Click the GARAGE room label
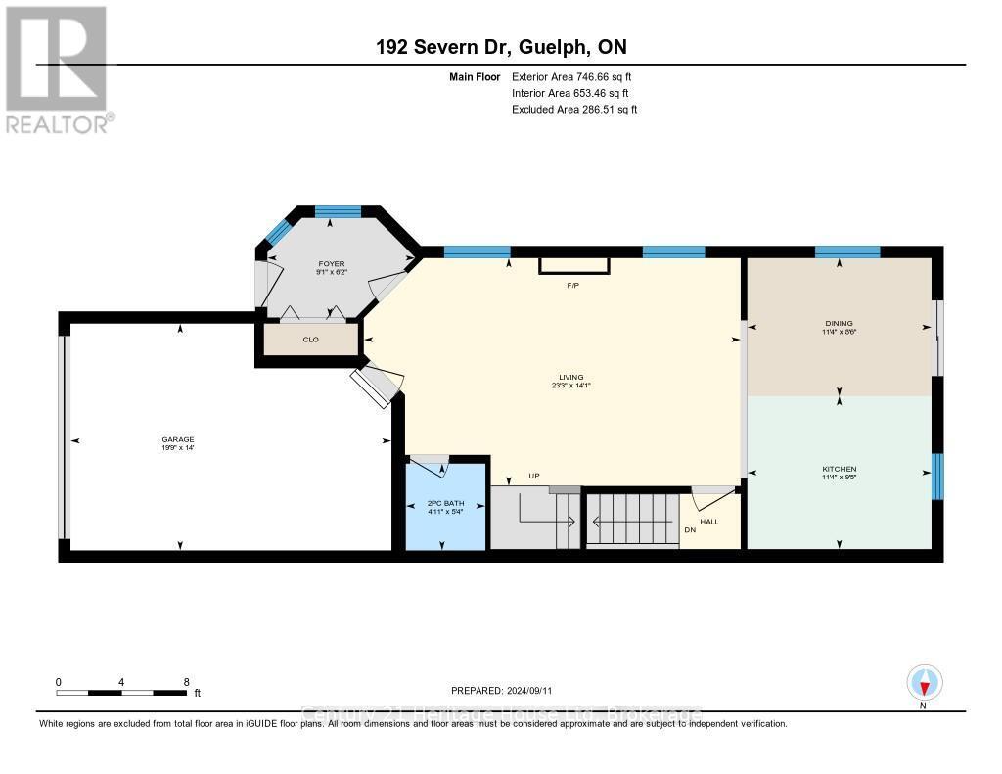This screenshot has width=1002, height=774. (x=179, y=439)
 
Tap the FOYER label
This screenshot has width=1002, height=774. (x=332, y=264)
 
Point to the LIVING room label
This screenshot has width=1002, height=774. (x=571, y=377)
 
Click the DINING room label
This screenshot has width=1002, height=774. (x=839, y=323)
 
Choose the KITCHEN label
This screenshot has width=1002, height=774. (x=839, y=470)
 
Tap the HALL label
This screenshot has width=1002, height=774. (x=709, y=522)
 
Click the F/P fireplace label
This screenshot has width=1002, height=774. (x=574, y=286)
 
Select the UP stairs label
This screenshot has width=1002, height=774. (x=534, y=477)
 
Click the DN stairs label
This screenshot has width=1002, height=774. (x=690, y=530)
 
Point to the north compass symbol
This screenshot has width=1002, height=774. (x=924, y=682)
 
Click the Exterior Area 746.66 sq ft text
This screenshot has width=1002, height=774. (x=574, y=76)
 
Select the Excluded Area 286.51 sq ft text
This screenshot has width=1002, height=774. (x=574, y=110)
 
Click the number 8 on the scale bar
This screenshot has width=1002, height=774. (x=185, y=681)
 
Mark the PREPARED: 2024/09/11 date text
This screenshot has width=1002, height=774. (x=502, y=690)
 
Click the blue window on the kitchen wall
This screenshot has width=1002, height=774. (x=937, y=476)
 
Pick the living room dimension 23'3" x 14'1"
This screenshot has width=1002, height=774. (x=571, y=386)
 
